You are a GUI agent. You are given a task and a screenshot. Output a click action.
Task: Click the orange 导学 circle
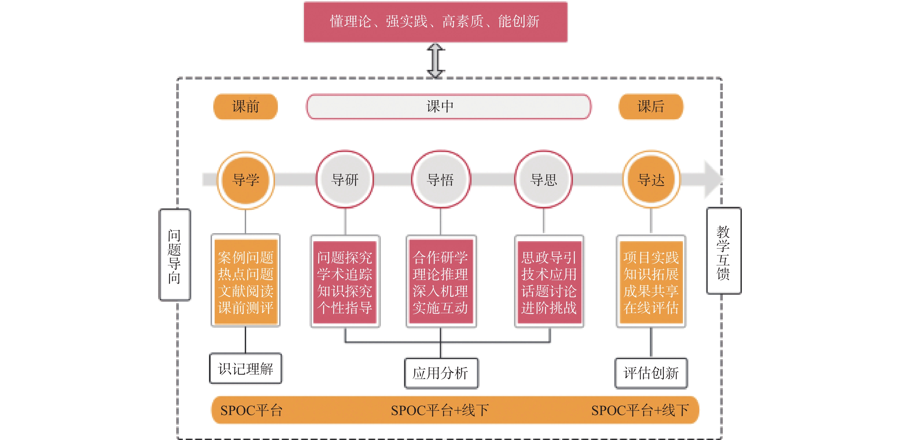(x=246, y=180)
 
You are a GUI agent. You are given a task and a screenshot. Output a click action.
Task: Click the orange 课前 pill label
(x=246, y=106)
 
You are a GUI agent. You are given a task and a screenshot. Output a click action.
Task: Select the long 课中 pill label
(x=449, y=106)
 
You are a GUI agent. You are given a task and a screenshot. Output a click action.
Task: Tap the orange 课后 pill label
(x=651, y=106)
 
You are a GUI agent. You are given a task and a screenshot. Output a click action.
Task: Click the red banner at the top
(x=435, y=22)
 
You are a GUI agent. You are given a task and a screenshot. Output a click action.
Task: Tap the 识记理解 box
(x=246, y=369)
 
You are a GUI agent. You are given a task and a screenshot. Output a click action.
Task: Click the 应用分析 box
(x=441, y=373)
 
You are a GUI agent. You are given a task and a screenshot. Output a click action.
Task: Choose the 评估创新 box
(x=651, y=373)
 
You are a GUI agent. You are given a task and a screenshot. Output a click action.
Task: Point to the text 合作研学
(x=440, y=258)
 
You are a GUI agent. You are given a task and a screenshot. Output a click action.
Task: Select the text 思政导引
(x=549, y=258)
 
